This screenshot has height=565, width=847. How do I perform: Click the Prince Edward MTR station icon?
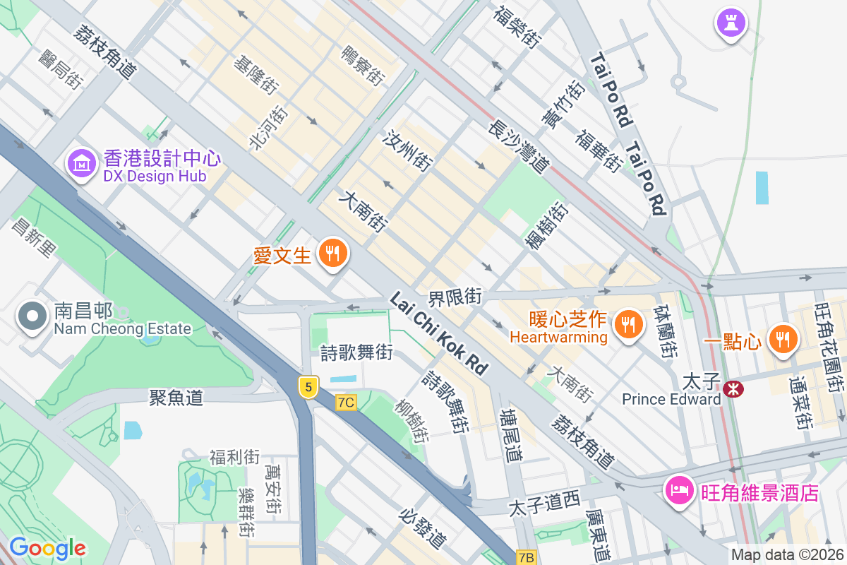pyautogui.click(x=733, y=388)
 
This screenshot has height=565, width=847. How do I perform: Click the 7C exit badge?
pyautogui.click(x=346, y=403)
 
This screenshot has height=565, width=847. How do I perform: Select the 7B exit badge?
pyautogui.click(x=526, y=557)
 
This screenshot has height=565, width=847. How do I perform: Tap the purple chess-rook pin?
pyautogui.click(x=731, y=23)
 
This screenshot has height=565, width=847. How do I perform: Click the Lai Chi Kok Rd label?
pyautogui.click(x=438, y=334)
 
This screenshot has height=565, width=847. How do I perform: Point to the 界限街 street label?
pyautogui.click(x=455, y=297)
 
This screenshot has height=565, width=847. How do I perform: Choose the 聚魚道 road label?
pyautogui.click(x=176, y=398)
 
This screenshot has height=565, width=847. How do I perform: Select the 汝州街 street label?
pyautogui.click(x=407, y=150)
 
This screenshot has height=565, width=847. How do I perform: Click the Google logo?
pyautogui.click(x=47, y=548)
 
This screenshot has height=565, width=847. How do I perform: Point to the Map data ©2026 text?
pyautogui.click(x=786, y=555)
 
